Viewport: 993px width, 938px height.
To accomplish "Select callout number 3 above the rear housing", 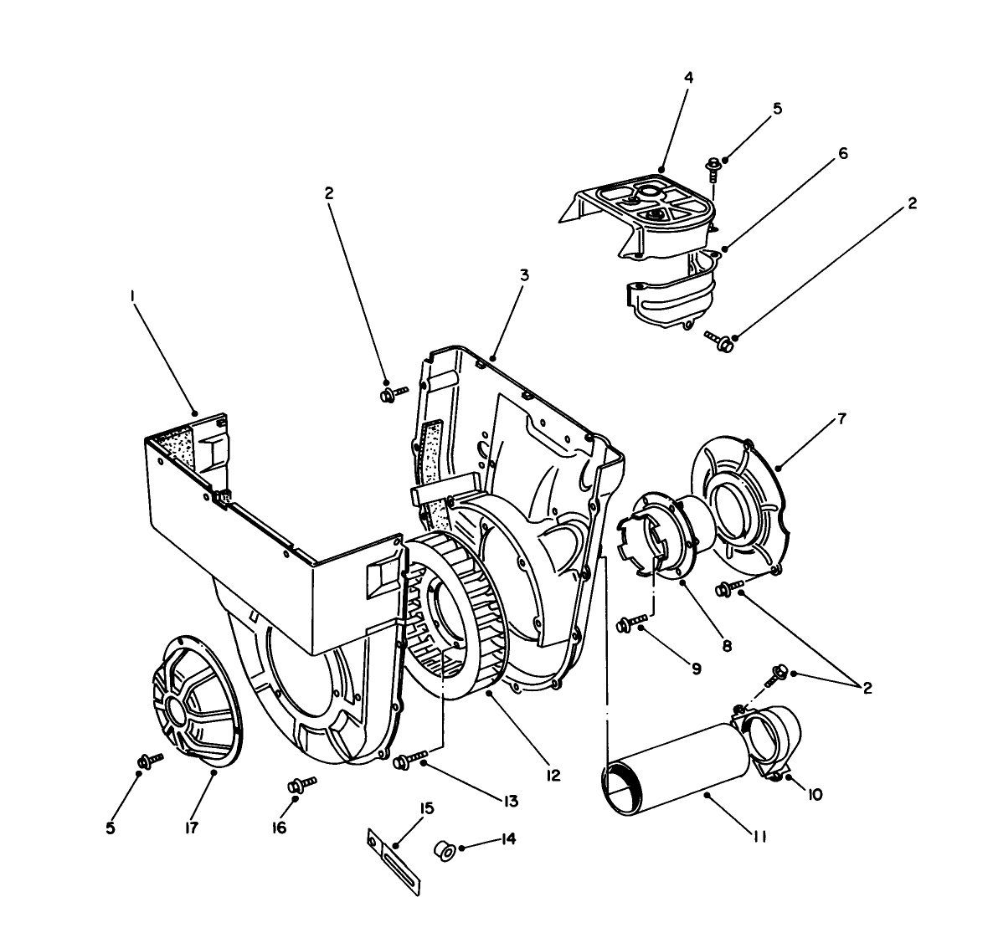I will pyautogui.click(x=523, y=275).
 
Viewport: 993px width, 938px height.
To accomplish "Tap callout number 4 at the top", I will pyautogui.click(x=687, y=78).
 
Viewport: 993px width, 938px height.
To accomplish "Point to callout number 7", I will pyautogui.click(x=841, y=419).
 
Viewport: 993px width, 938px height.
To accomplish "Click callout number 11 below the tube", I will pyautogui.click(x=759, y=836).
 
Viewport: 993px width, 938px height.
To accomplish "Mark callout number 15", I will pyautogui.click(x=427, y=809).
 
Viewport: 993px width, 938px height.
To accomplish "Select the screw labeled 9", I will pyautogui.click(x=632, y=622).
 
